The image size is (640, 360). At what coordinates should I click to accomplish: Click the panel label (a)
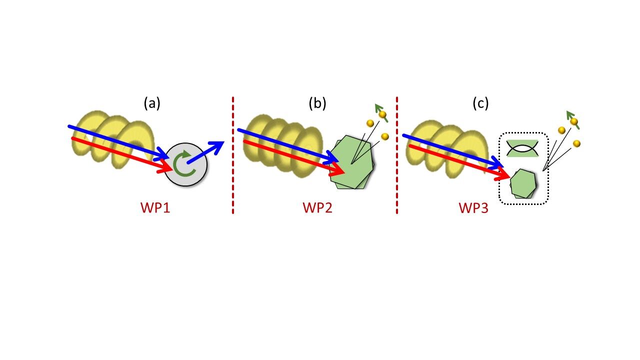(x=152, y=103)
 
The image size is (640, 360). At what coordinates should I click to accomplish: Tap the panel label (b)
(x=317, y=103)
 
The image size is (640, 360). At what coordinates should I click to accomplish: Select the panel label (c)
(x=480, y=103)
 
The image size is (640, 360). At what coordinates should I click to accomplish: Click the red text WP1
(x=155, y=207)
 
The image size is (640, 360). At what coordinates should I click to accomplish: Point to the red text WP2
(x=317, y=207)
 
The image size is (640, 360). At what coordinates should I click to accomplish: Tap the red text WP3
(x=473, y=207)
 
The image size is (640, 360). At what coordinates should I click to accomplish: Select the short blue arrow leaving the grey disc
(x=206, y=152)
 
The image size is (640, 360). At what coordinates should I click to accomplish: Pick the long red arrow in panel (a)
(x=120, y=154)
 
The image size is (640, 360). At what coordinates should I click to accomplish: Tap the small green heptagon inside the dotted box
(x=523, y=183)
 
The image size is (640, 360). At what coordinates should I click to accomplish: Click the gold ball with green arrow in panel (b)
(x=383, y=114)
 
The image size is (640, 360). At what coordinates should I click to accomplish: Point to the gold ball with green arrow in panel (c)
(x=574, y=121)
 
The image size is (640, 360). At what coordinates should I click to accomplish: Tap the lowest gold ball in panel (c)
(x=576, y=144)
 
